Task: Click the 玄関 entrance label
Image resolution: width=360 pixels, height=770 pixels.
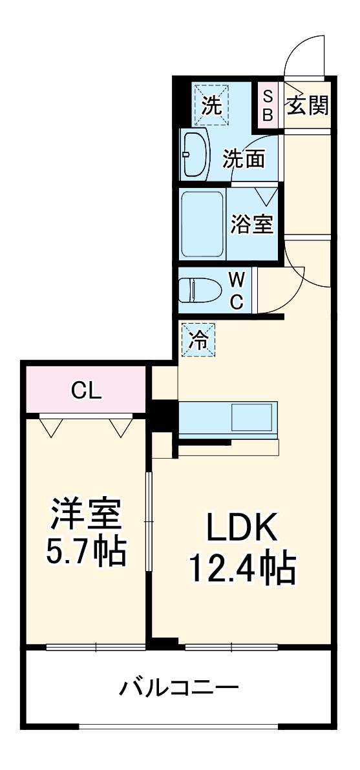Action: click(307, 104)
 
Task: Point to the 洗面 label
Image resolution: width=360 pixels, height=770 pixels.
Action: click(244, 159)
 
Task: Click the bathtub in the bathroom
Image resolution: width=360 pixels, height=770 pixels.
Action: click(202, 224)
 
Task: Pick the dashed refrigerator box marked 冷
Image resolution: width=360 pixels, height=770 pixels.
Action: click(200, 339)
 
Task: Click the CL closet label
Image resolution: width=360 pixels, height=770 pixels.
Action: click(86, 390)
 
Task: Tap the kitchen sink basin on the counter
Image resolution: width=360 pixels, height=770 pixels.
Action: click(252, 417)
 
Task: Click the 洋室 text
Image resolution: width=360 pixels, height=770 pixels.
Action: click(86, 515)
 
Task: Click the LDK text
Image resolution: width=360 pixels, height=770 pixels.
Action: click(241, 528)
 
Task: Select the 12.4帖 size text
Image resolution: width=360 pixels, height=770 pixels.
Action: click(241, 568)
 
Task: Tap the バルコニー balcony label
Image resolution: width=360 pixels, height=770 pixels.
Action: click(179, 687)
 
